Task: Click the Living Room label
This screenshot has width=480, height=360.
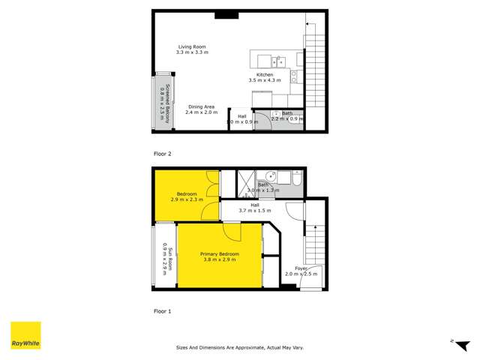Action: pos(192,49)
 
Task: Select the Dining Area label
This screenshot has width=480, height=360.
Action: pos(202,109)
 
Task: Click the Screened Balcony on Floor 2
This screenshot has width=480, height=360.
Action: pos(164,103)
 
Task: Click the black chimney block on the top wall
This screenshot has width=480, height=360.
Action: pos(225,14)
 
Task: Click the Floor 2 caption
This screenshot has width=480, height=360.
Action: pos(163,154)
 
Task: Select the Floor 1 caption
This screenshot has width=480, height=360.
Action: pos(163,310)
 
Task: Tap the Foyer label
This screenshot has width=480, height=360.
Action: pos(301,271)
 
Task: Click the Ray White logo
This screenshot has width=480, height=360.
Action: pos(25,336)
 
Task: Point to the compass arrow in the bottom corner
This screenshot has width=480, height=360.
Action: pos(452,341)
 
